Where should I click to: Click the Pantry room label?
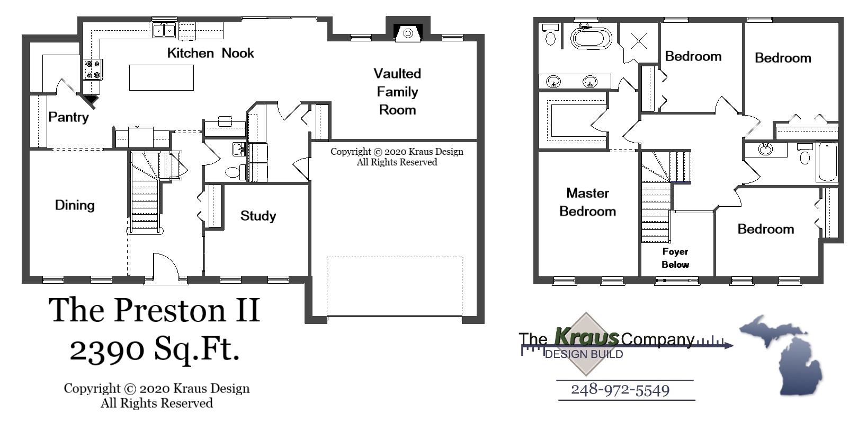pos(68,117)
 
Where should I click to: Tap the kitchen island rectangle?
pos(161,77)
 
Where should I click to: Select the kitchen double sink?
pos(164,30)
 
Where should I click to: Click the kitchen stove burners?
pos(93,69)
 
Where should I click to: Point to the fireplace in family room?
pos(408,33)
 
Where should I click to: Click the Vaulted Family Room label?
pos(397,92)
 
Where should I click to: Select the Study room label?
pos(258,216)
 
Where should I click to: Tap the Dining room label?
pos(75,205)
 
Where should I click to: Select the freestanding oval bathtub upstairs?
pos(591,38)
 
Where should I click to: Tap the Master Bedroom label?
pos(587,202)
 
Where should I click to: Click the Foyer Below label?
pos(675,258)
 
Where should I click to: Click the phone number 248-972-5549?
pos(620,390)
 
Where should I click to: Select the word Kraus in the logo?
pos(586,336)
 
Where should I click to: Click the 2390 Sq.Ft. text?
pos(155,349)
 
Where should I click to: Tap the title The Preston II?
pos(154,310)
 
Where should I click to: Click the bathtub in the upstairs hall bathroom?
pos(826,162)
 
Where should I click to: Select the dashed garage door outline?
pos(394,286)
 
